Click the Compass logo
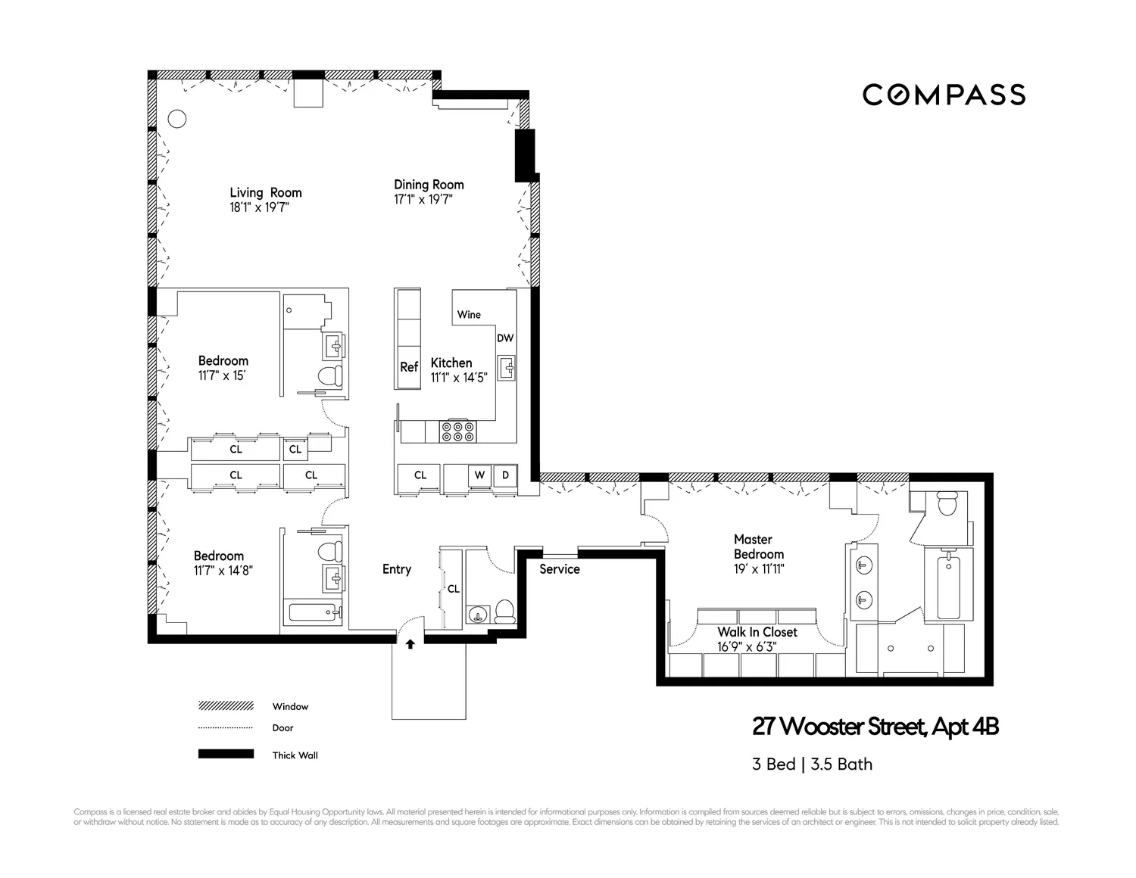(x=944, y=95)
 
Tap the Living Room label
(x=266, y=193)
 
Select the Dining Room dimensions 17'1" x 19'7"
(x=423, y=200)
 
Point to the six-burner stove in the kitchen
(x=458, y=431)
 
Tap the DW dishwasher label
(x=505, y=338)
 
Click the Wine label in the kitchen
(x=469, y=314)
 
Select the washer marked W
(x=479, y=475)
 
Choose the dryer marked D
(x=506, y=475)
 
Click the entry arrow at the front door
(x=410, y=645)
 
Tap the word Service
(x=560, y=569)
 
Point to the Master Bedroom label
(x=759, y=546)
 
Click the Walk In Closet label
(x=757, y=632)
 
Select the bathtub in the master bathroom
(x=948, y=587)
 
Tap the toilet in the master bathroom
(x=947, y=503)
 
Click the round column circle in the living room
(x=176, y=119)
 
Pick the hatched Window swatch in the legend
(x=226, y=706)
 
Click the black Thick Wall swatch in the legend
(x=226, y=754)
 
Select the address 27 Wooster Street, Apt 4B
(x=875, y=727)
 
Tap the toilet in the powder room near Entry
(x=504, y=611)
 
